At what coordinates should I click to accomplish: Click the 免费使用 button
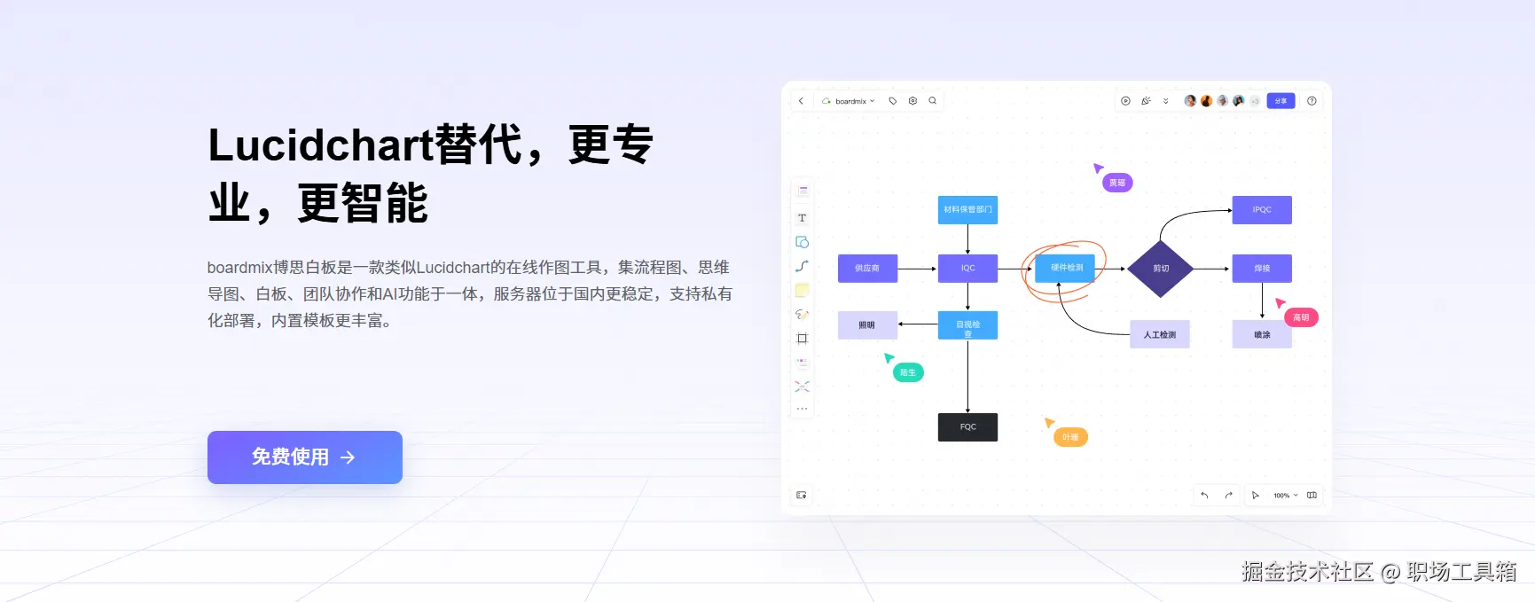[304, 457]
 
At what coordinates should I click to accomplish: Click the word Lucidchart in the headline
[320, 145]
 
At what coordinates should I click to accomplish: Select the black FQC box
[967, 427]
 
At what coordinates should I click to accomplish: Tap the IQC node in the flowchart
[967, 268]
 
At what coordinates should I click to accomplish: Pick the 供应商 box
[867, 268]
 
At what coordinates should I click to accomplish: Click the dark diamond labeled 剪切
[1161, 268]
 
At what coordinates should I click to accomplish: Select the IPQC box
[1261, 210]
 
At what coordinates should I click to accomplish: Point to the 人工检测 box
[1159, 334]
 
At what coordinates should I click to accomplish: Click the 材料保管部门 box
[967, 210]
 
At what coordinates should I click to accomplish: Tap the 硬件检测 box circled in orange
[1066, 268]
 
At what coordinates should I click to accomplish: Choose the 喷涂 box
[1261, 334]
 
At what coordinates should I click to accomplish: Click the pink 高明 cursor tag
[1301, 317]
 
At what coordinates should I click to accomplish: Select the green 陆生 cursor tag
[908, 372]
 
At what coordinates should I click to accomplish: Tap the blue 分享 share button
[1280, 101]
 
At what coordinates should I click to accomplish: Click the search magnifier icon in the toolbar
[933, 101]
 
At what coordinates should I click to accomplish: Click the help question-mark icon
[1312, 101]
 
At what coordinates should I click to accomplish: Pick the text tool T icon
[802, 218]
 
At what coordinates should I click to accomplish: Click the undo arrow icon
[1204, 496]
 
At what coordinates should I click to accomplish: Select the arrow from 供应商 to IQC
[917, 269]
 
